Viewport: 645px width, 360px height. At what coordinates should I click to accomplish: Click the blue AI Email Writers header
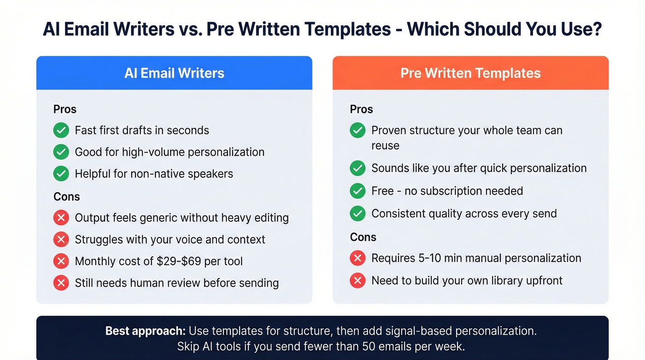click(174, 73)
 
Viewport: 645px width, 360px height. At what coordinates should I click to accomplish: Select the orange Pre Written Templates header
click(470, 73)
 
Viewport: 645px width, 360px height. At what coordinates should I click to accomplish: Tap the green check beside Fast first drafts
click(61, 130)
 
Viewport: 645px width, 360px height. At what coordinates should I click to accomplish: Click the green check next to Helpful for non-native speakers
click(61, 174)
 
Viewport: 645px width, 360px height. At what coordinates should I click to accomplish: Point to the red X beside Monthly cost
click(61, 261)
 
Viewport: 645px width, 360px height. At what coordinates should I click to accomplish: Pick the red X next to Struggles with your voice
click(61, 240)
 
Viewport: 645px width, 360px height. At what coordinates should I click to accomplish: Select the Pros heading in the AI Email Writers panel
click(65, 109)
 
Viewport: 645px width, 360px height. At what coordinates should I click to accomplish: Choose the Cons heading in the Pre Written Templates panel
click(363, 237)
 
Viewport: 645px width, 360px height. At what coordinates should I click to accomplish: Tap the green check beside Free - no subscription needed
click(358, 191)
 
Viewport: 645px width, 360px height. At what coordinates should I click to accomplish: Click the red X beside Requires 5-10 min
click(358, 258)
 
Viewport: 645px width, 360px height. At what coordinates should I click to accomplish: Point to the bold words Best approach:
click(145, 331)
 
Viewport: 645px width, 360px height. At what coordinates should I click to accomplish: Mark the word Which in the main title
click(433, 30)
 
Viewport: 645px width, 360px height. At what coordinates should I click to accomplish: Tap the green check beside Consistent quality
click(358, 213)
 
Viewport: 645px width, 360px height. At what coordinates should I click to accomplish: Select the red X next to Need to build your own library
click(358, 281)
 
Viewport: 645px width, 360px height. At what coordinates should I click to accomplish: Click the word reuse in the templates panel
click(385, 146)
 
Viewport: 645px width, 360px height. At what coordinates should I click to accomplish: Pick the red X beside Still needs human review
click(61, 283)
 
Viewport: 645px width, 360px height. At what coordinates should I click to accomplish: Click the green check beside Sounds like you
click(358, 168)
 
